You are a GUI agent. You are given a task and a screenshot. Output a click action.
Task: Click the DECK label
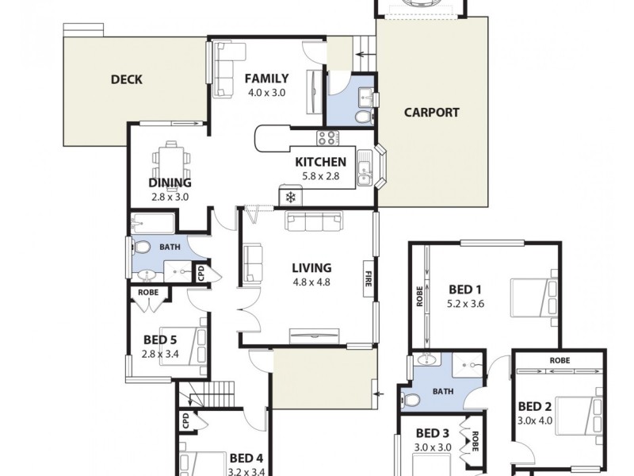(126, 79)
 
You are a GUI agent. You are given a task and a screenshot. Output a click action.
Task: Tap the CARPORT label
(431, 112)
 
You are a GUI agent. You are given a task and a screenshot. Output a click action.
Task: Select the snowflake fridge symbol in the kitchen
(290, 196)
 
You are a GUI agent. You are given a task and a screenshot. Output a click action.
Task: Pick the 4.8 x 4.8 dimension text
(311, 281)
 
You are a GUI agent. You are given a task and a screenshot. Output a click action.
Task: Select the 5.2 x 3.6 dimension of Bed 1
(466, 302)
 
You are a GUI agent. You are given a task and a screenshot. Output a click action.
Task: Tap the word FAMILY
(266, 78)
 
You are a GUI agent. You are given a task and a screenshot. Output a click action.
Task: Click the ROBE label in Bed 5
(148, 292)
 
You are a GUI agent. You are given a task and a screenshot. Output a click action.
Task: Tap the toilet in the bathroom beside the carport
(362, 117)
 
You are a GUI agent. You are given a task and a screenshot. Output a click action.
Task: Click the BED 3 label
(432, 432)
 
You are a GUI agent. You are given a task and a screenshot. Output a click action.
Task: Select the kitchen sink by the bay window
(364, 167)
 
